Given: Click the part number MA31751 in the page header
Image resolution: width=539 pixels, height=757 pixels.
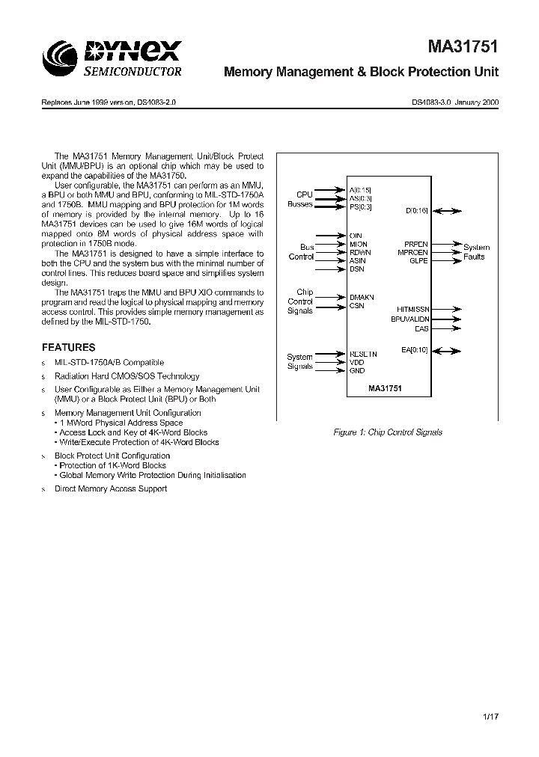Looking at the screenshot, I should point(463,49).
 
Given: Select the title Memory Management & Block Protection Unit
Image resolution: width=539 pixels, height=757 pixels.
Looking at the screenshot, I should point(362,73).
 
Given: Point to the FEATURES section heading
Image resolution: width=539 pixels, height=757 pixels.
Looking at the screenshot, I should point(68,348).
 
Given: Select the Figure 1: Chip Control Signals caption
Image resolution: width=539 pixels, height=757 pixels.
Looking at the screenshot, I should point(388,432).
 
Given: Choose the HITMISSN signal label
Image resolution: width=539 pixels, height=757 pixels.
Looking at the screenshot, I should point(412,308).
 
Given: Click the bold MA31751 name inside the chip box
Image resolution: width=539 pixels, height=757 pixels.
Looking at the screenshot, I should point(386,389).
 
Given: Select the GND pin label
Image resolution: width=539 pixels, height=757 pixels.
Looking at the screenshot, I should point(357,371).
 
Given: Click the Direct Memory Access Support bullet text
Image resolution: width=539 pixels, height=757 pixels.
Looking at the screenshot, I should point(111,488).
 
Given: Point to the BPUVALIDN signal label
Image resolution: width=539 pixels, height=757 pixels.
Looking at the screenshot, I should point(409,319).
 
